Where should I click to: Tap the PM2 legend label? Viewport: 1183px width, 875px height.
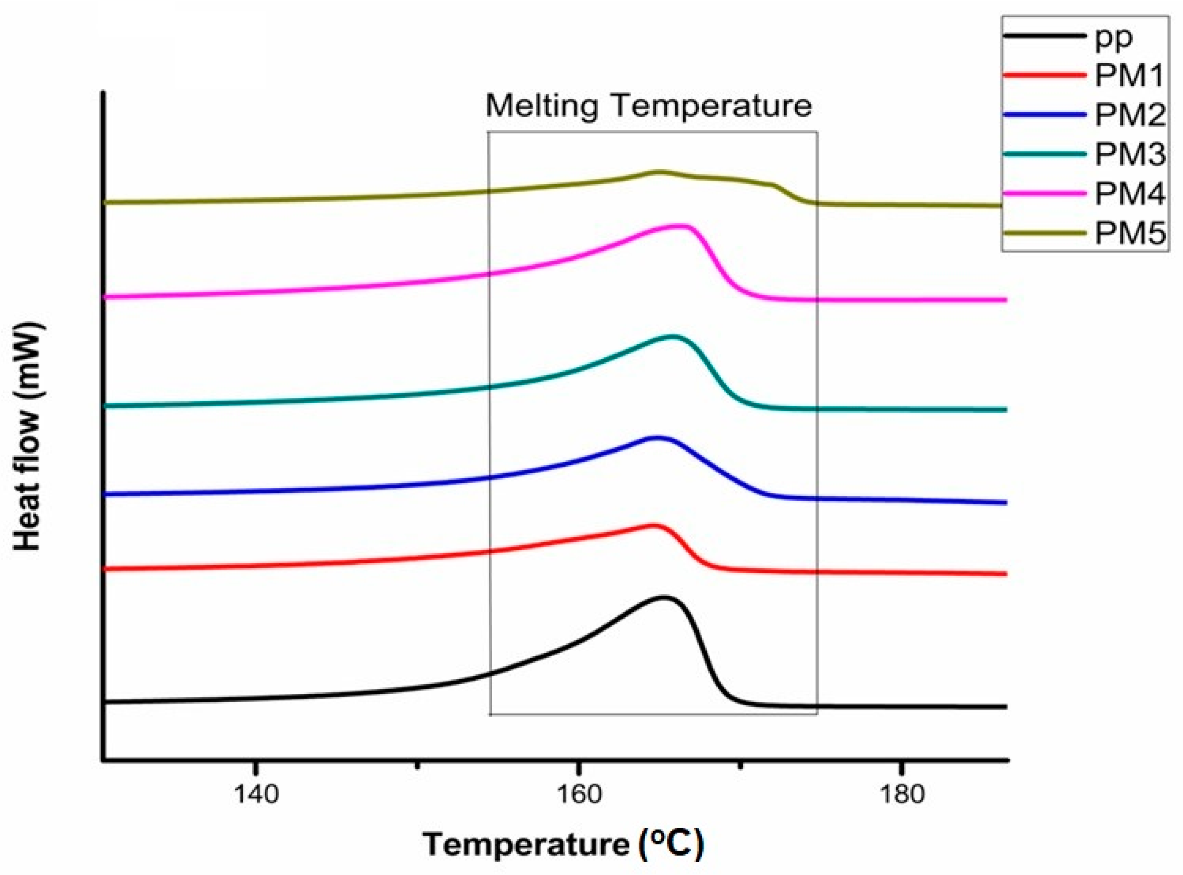(1129, 115)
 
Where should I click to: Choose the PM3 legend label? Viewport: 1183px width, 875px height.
(1129, 154)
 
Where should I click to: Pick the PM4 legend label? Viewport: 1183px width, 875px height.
(1129, 194)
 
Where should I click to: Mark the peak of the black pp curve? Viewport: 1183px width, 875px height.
(662, 597)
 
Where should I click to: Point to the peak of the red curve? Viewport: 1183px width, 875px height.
(653, 525)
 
